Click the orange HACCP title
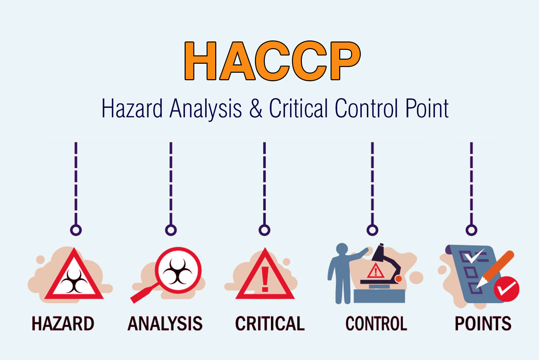coord(272,61)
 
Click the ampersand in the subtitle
coord(256,109)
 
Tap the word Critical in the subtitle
coord(298,109)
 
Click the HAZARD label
coord(63,324)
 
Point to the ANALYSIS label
coord(165,324)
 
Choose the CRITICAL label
coord(270,324)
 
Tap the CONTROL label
coord(376,324)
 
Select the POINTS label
coord(483,324)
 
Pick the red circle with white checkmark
coord(506,289)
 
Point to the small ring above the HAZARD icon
coord(76,230)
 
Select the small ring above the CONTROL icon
coord(372,230)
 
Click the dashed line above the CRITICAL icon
coord(264,182)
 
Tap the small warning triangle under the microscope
coord(376,271)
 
